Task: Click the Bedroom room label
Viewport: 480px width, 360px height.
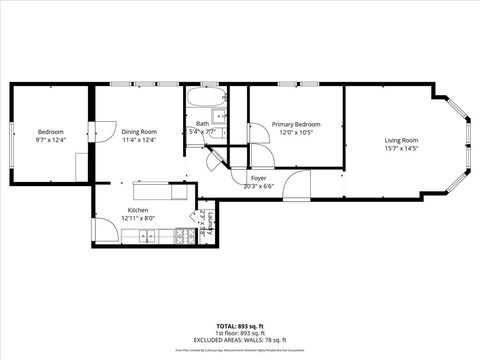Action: point(50,132)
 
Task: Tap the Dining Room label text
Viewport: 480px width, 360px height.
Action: point(139,132)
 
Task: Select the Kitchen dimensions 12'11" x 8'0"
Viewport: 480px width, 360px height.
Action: point(139,217)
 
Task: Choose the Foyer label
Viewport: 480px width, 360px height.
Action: point(258,178)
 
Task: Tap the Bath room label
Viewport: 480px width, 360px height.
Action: point(203,124)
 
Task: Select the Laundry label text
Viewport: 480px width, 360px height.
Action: point(201,223)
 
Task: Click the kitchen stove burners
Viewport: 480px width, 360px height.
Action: point(183,236)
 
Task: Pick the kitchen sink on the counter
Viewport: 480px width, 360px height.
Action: point(147,236)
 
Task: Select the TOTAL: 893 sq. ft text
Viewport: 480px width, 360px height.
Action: point(239,326)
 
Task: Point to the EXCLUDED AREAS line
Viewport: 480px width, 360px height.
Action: point(239,340)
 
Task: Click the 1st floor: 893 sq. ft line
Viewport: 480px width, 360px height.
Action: point(239,333)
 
